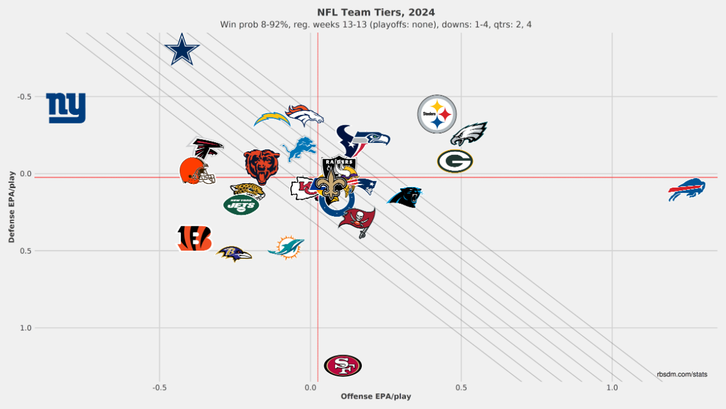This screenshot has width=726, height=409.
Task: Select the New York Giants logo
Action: click(x=66, y=108)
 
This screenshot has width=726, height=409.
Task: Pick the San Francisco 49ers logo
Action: click(x=342, y=365)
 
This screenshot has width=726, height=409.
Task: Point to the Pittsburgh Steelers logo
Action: click(x=437, y=114)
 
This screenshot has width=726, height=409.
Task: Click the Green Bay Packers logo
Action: click(x=455, y=161)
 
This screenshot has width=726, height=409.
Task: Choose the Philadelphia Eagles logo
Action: click(x=469, y=134)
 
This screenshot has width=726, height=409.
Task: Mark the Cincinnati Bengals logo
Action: click(x=194, y=238)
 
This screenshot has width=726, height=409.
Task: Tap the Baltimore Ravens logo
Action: click(x=234, y=254)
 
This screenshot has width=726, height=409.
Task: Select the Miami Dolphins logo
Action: click(x=286, y=247)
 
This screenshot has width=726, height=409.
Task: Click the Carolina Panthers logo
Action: click(x=404, y=196)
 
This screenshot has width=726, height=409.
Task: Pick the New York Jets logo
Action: click(x=241, y=205)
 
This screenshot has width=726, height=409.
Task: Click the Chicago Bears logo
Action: click(x=261, y=166)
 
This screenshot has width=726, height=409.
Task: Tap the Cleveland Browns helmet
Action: click(x=197, y=171)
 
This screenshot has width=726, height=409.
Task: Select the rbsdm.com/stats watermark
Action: click(x=682, y=375)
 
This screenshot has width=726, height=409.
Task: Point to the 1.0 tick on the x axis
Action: click(x=612, y=387)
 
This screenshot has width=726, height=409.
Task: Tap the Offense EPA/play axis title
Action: click(x=376, y=396)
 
